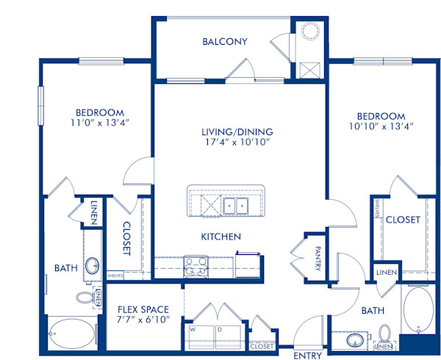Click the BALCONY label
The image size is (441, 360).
pos(225,42)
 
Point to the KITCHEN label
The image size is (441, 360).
pos(221,237)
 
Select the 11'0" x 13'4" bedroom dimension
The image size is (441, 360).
pos(79,122)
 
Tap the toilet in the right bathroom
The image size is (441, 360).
pos(383,337)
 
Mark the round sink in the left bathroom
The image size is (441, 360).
pos(93,266)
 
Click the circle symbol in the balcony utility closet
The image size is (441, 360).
pos(309,32)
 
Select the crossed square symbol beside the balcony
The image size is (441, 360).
pos(309,71)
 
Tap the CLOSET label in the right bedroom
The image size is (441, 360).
pos(403,220)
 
